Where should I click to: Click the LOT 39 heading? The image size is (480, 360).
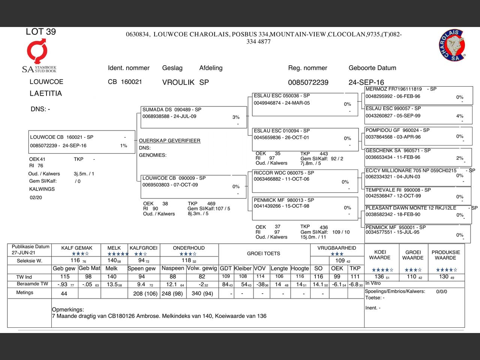pyautogui.click(x=41, y=32)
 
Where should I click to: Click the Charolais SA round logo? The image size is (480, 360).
pyautogui.click(x=452, y=45)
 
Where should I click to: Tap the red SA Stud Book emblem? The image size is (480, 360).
pyautogui.click(x=37, y=51)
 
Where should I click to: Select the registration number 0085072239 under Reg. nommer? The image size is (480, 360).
pyautogui.click(x=308, y=82)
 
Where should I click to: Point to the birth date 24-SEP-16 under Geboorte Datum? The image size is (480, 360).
pyautogui.click(x=366, y=82)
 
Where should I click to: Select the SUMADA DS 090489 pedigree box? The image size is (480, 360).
pyautogui.click(x=193, y=117)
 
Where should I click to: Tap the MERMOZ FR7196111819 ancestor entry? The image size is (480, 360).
pyautogui.click(x=418, y=94)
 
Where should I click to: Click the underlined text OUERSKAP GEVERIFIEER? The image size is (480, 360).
pyautogui.click(x=169, y=141)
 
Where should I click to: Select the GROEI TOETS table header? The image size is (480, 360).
pyautogui.click(x=263, y=253)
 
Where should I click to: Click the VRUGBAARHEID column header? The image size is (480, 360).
pyautogui.click(x=337, y=248)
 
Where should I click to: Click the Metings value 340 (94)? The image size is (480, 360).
pyautogui.click(x=202, y=293)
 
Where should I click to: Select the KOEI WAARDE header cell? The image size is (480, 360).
pyautogui.click(x=379, y=255)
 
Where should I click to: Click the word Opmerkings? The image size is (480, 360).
pyautogui.click(x=68, y=310)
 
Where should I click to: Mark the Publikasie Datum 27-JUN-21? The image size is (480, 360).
pyautogui.click(x=24, y=253)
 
